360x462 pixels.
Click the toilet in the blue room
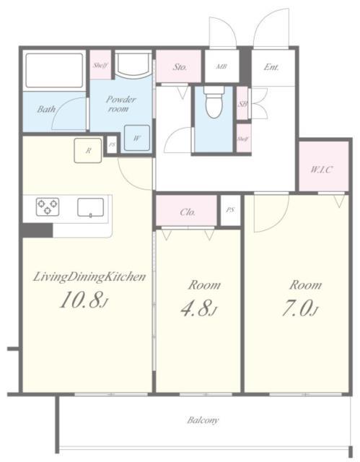click(x=214, y=103)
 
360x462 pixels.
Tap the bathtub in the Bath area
click(x=54, y=71)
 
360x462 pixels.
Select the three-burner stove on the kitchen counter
click(x=48, y=206)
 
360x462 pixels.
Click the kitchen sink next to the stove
click(x=90, y=207)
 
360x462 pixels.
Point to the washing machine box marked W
click(x=136, y=138)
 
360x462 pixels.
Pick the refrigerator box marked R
click(x=88, y=150)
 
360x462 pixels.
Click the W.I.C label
click(x=322, y=170)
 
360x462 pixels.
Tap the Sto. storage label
click(x=180, y=67)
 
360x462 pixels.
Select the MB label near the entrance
click(x=221, y=66)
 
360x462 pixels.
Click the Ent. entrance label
click(x=271, y=67)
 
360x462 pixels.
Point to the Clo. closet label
click(x=188, y=212)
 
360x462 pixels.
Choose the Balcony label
click(x=203, y=420)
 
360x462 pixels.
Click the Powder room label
click(x=120, y=104)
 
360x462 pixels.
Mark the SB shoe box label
click(x=242, y=104)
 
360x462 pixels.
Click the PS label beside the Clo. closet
click(x=231, y=210)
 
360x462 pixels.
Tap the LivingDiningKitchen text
click(x=89, y=277)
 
